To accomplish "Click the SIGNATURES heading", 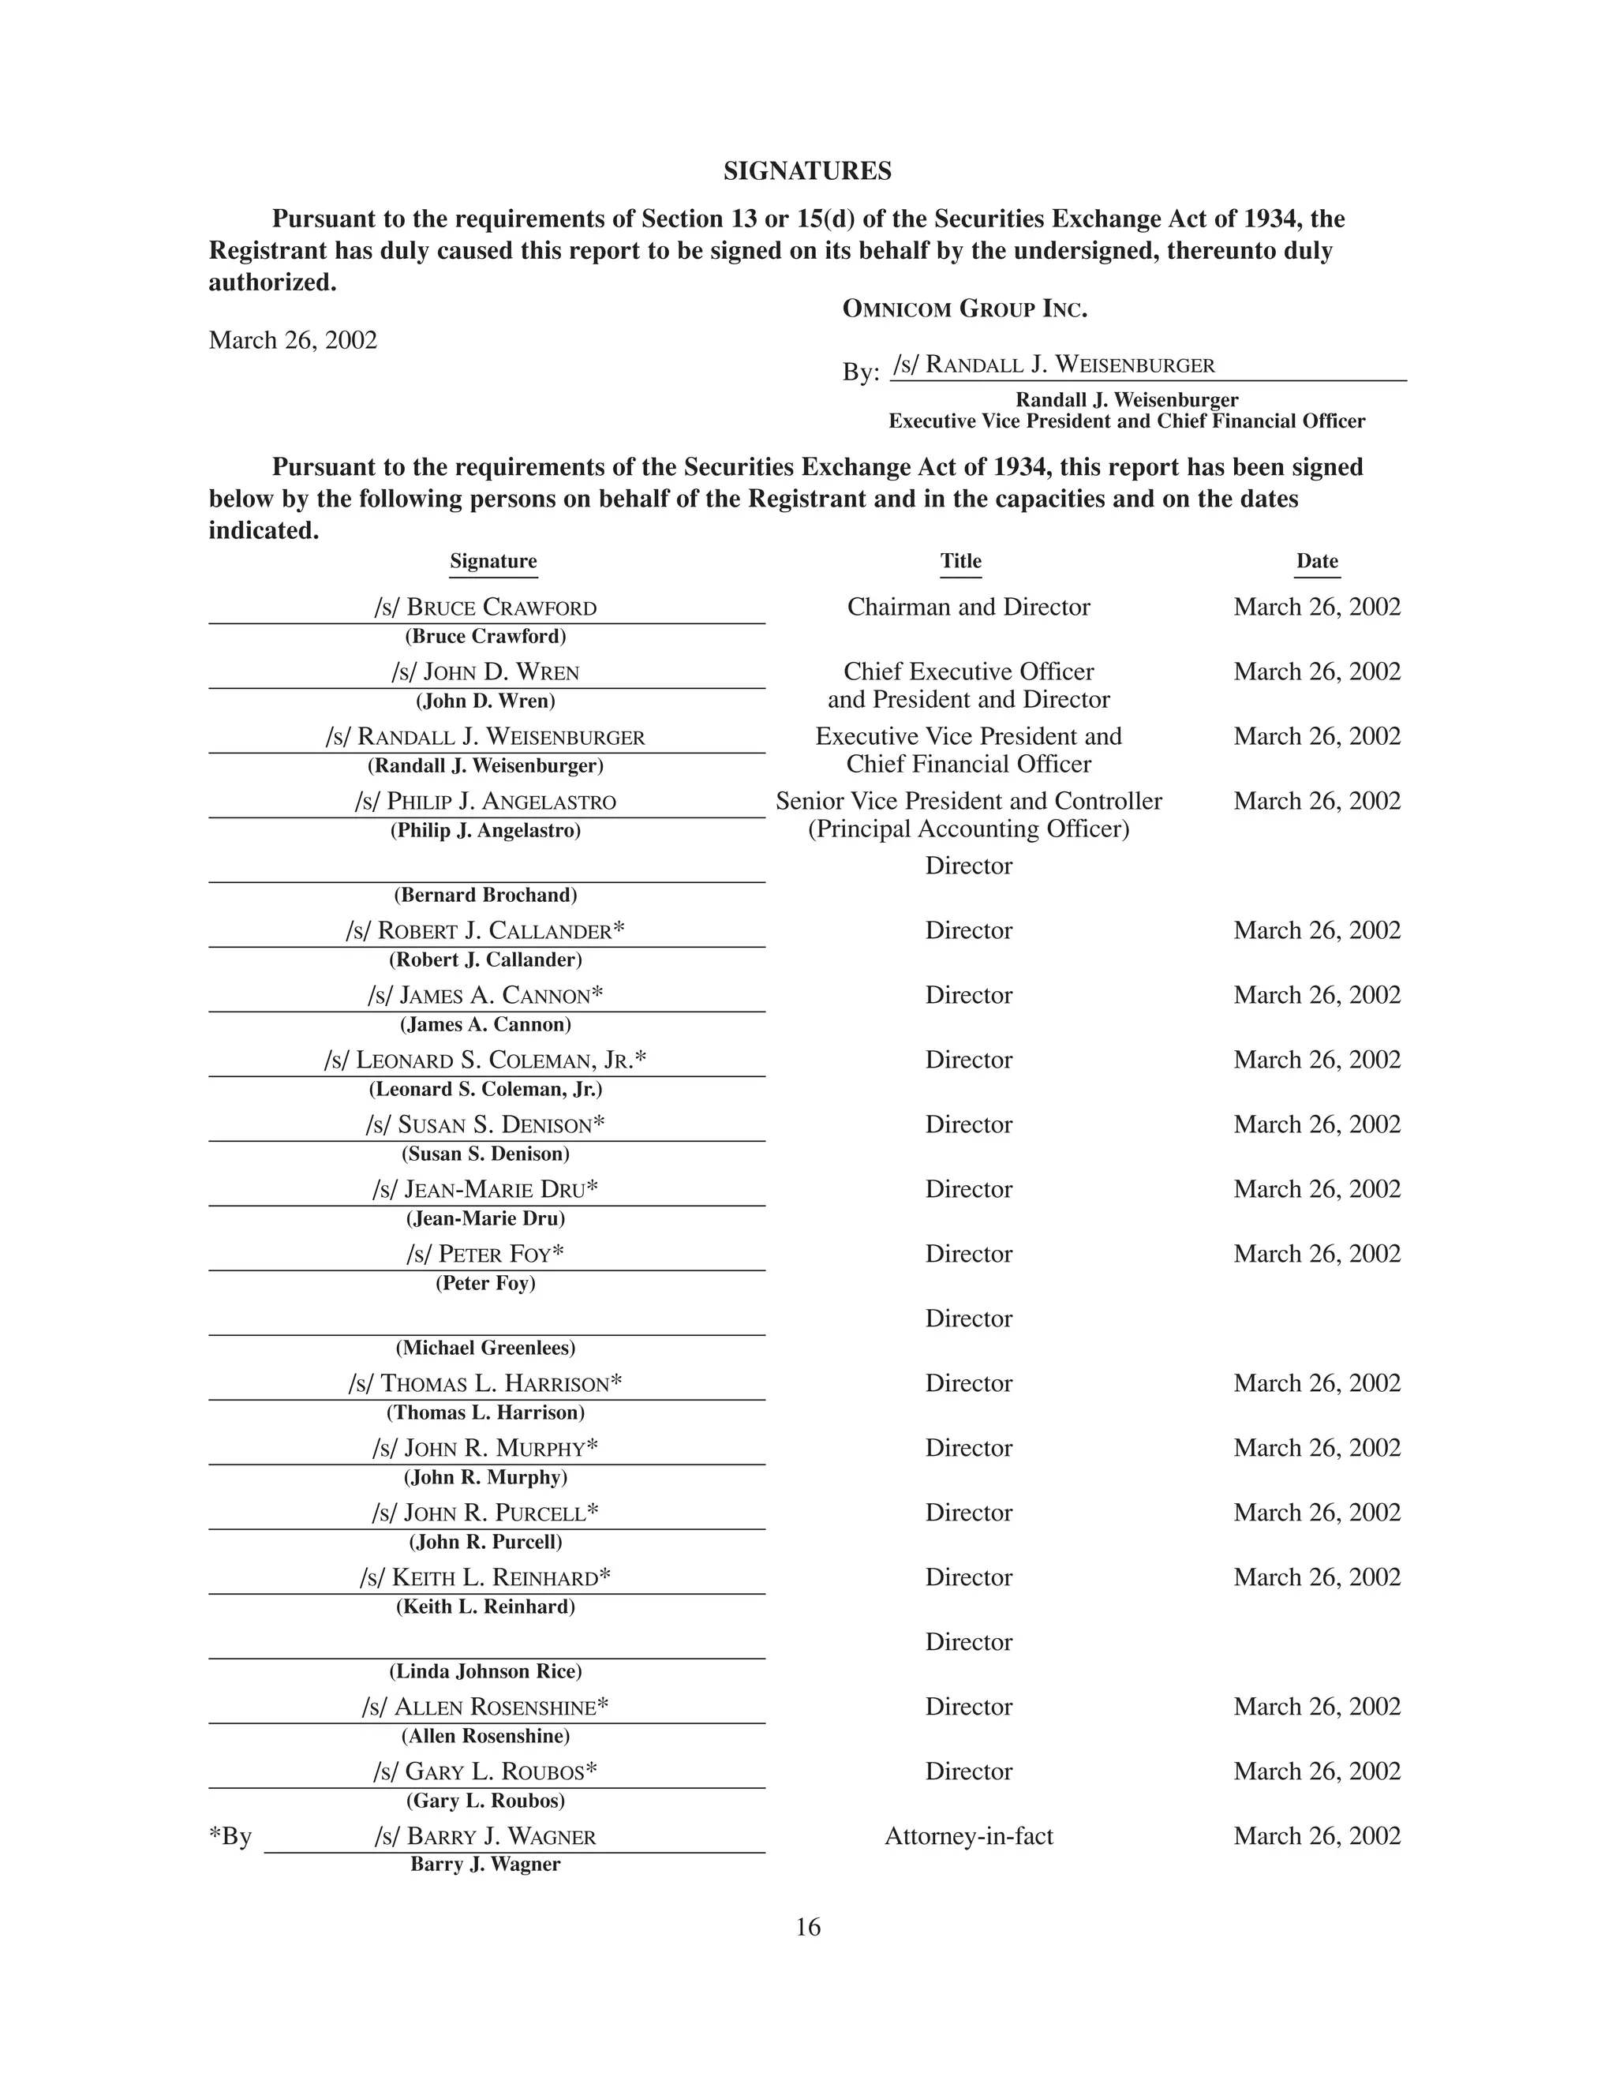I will [x=807, y=171].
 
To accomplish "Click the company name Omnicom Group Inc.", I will [x=964, y=309].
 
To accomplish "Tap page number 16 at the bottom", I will [x=808, y=1928].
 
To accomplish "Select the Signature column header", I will [x=493, y=561].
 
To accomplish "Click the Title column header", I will [x=960, y=561].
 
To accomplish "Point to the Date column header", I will [x=1316, y=561].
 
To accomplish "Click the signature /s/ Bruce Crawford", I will [x=485, y=608].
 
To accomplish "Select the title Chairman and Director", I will [x=968, y=607].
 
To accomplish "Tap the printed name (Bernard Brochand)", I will [x=485, y=896].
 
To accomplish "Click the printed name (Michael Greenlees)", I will [x=485, y=1348].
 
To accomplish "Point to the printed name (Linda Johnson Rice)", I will [x=485, y=1672].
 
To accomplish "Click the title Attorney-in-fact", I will [x=968, y=1836].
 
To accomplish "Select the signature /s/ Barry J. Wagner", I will [x=485, y=1836].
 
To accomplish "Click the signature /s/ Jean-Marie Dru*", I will [x=485, y=1189].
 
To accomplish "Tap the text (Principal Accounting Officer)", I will [x=968, y=829].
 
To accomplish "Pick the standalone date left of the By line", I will [x=293, y=340].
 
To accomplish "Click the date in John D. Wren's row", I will [x=1316, y=671].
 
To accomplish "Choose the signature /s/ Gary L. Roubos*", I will [x=485, y=1771].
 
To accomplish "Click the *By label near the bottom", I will [x=230, y=1836].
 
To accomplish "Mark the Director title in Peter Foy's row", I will [x=968, y=1255].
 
